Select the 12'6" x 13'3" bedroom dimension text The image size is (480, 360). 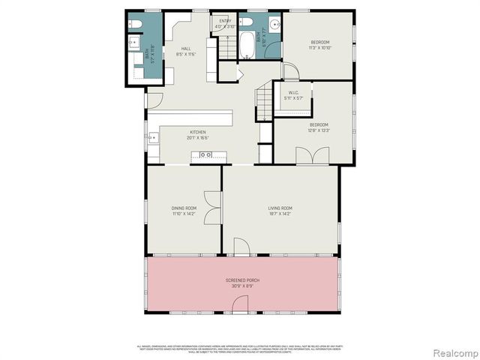pyautogui.click(x=319, y=129)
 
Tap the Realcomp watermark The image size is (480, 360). pyautogui.click(x=454, y=351)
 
